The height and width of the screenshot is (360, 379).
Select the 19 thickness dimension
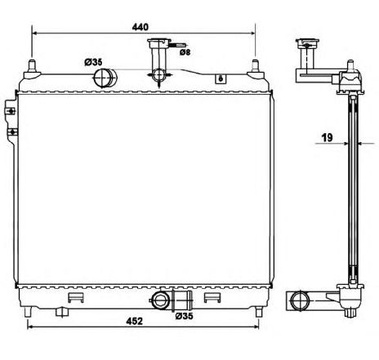tap(325, 138)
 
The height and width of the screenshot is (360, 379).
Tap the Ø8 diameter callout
tap(185, 52)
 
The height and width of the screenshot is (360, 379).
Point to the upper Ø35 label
tap(92, 61)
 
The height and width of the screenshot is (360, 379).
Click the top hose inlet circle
tap(105, 78)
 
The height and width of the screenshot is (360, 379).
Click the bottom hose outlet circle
tap(163, 300)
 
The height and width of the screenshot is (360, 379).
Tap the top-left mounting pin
tap(32, 66)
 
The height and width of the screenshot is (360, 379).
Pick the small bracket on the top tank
tap(220, 78)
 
